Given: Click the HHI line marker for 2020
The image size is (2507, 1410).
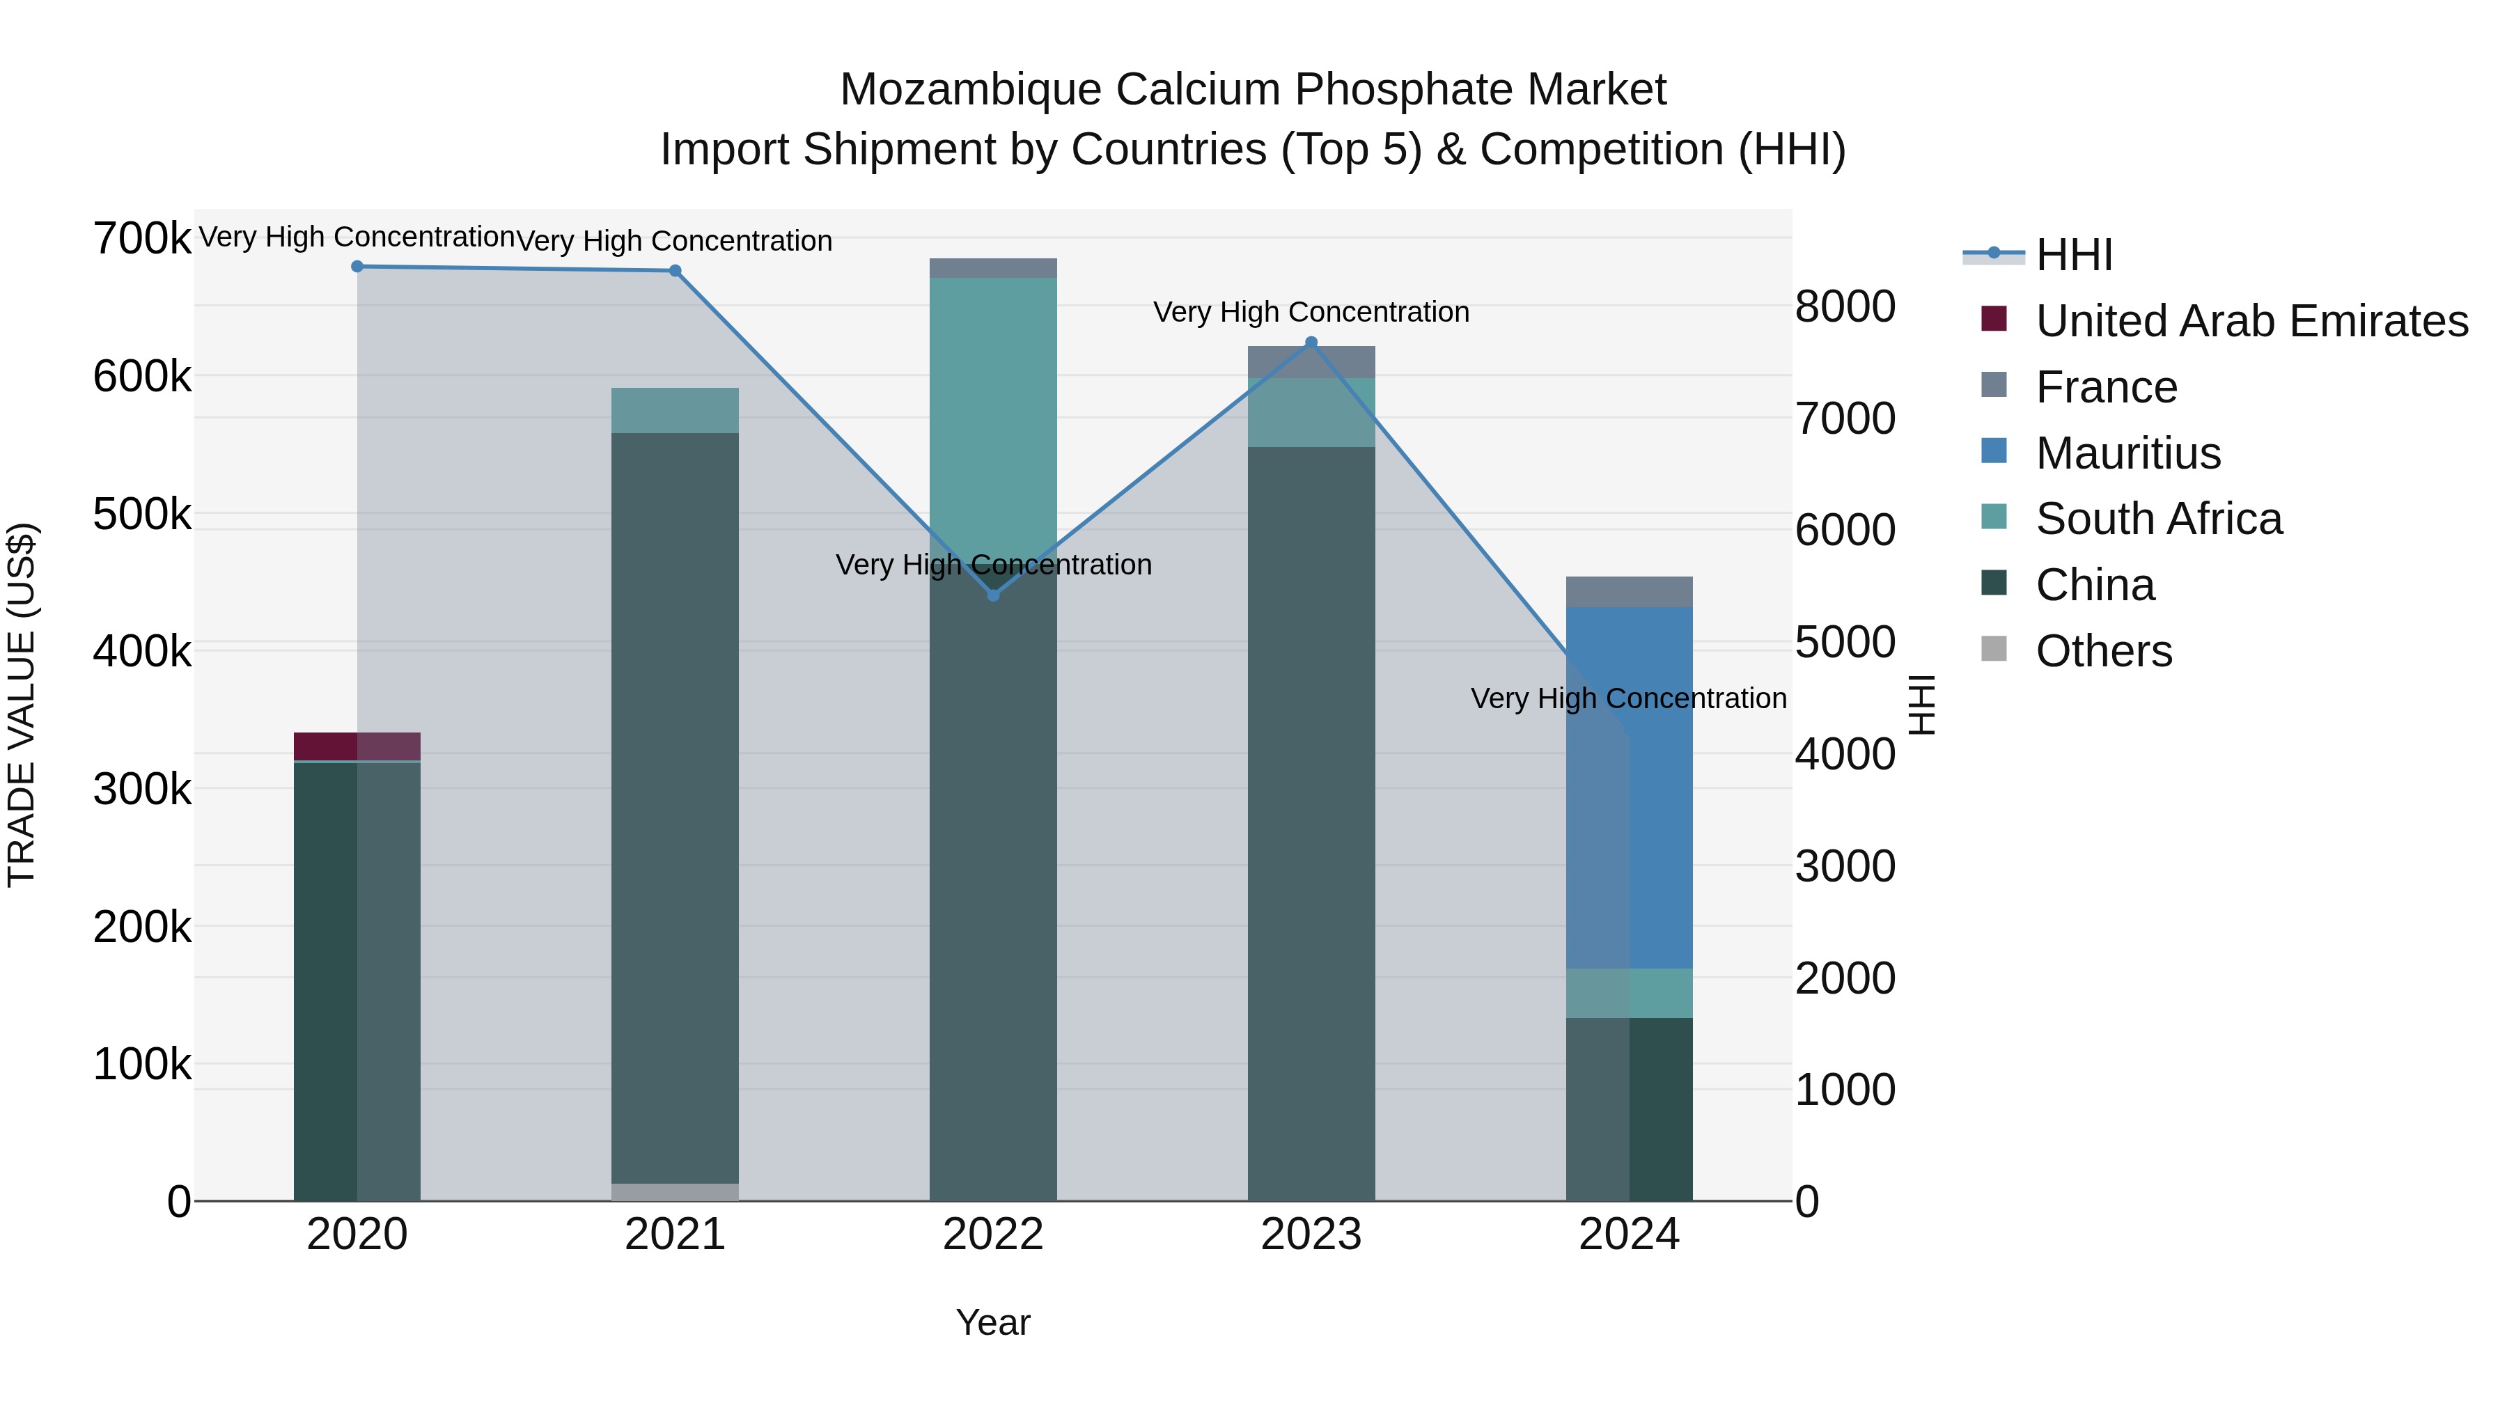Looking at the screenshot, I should [357, 267].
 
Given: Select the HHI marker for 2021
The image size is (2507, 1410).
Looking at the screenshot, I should [675, 271].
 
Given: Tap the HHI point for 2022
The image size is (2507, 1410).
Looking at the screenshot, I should [994, 595].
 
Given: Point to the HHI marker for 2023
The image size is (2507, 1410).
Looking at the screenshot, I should [1311, 343].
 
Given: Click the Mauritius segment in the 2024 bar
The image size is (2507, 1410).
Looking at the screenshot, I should [1629, 788].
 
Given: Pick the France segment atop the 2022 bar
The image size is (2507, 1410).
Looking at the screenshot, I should [994, 269].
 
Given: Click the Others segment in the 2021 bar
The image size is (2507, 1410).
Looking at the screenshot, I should [675, 1192].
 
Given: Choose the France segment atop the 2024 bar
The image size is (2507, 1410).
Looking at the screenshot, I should [1629, 592].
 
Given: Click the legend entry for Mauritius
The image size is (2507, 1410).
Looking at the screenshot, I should [2127, 453].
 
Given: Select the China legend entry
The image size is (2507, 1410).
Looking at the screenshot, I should [2094, 586].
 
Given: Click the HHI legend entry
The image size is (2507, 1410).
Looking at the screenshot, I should [2073, 255].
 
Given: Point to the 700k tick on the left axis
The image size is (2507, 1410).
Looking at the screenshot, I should [142, 238].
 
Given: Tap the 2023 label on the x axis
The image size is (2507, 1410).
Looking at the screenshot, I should [1311, 1235].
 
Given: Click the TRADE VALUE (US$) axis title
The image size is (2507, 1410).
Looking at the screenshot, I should [22, 705].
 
